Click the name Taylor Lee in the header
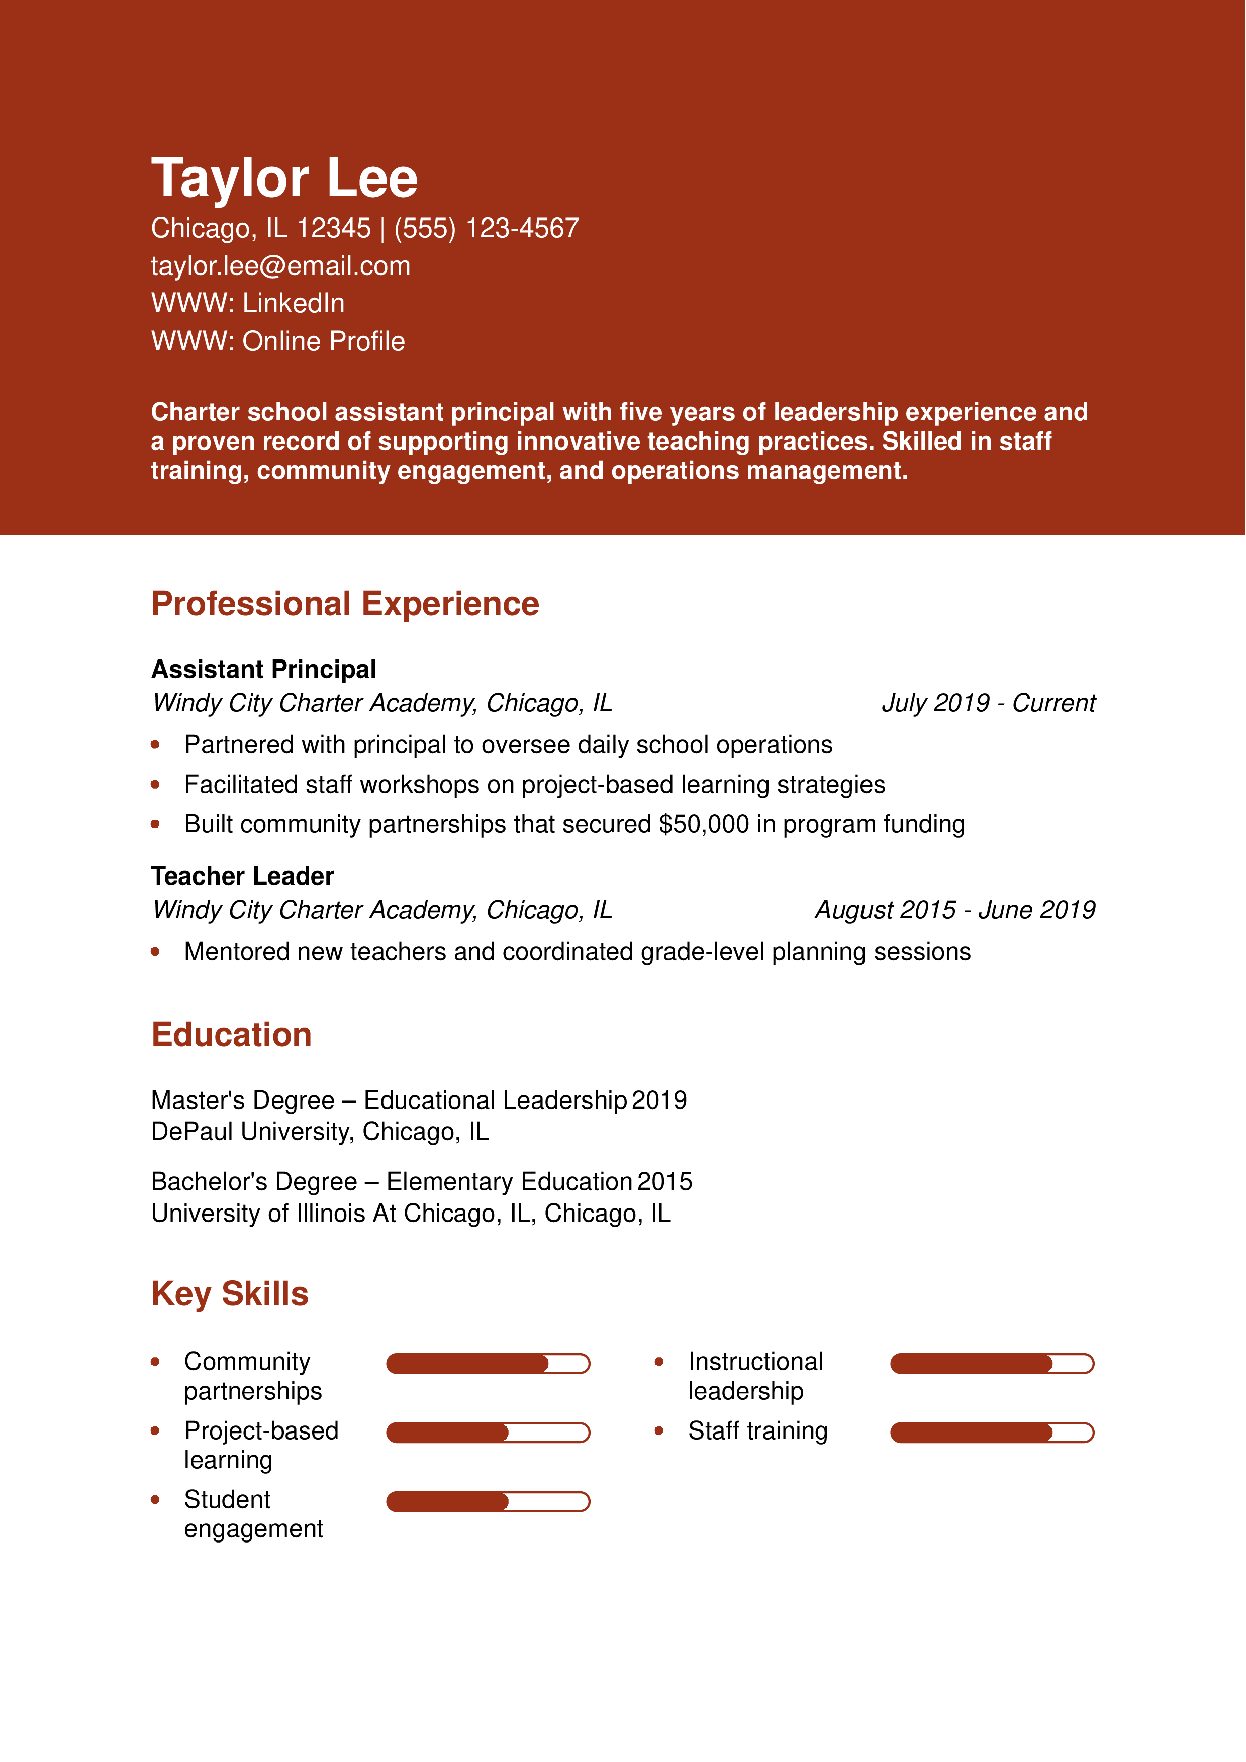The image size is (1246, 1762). coord(284,178)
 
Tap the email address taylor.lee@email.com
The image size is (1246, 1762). coord(280,266)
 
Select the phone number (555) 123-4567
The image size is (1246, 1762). coord(486,228)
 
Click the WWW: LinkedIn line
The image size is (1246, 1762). coord(247,303)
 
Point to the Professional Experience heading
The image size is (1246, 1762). coord(345,604)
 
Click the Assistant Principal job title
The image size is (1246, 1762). coord(263,669)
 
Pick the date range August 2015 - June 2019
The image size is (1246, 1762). coord(954,910)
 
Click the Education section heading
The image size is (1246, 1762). coord(231,1035)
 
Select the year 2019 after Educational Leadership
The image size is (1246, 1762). coord(659,1100)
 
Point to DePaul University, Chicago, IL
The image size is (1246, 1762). coord(319,1132)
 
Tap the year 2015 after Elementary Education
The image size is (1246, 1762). coord(664,1182)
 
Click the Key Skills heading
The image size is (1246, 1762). coord(230,1294)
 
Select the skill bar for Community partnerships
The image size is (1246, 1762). coord(488,1364)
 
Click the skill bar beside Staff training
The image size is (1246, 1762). coord(991,1433)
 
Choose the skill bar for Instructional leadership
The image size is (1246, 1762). coord(991,1364)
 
